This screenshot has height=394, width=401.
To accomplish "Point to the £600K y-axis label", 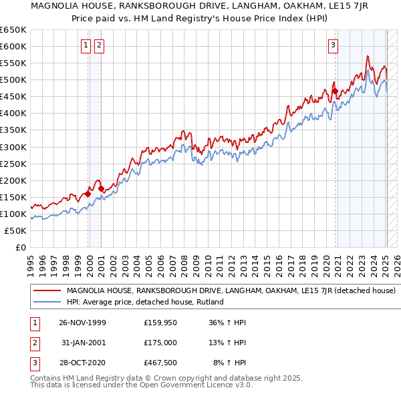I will click(13, 46).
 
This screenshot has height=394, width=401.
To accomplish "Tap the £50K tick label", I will click(15, 230).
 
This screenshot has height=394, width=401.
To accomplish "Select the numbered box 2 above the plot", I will click(99, 45).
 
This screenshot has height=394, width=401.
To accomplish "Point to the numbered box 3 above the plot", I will click(333, 45).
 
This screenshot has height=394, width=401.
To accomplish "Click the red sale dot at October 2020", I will click(335, 91).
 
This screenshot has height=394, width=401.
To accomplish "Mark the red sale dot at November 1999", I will click(88, 194).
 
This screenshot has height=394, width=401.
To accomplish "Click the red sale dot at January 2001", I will click(102, 189).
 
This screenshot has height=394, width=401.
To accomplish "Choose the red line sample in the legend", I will click(47, 291).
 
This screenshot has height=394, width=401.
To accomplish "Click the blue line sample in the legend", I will click(47, 302).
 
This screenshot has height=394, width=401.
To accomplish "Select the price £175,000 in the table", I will click(160, 343).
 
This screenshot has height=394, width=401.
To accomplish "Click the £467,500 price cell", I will click(160, 362).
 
